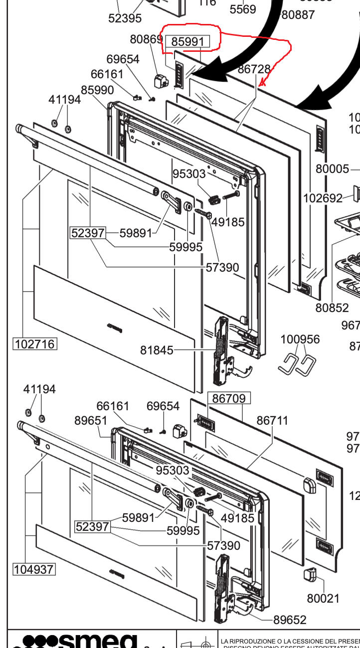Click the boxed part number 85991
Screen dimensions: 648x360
click(x=187, y=42)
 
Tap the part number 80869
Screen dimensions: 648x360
click(x=146, y=39)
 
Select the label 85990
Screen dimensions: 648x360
click(x=97, y=90)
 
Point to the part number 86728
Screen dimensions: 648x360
click(x=254, y=69)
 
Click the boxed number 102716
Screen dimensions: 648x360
click(x=35, y=344)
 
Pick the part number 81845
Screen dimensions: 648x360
click(x=157, y=350)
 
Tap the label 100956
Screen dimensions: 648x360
click(x=300, y=339)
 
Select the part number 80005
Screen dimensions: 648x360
click(x=333, y=168)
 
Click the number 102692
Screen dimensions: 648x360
click(x=323, y=198)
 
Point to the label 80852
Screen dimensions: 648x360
click(x=332, y=308)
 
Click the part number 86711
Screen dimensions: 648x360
click(x=272, y=421)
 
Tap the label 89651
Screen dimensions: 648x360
click(x=91, y=421)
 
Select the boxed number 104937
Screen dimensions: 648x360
click(x=34, y=569)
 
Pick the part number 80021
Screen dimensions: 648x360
click(x=323, y=598)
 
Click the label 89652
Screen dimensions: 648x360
click(x=290, y=620)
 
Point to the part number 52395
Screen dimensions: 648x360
click(x=125, y=18)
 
